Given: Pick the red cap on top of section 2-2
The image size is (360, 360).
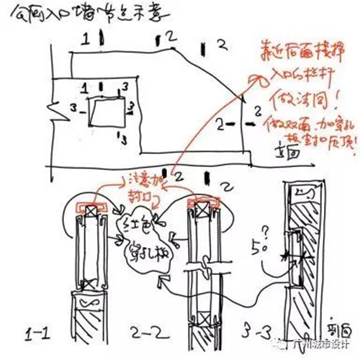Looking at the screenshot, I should pyautogui.click(x=204, y=202).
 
